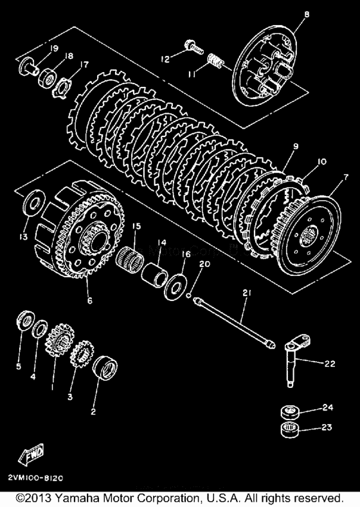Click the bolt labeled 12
tap(192, 47)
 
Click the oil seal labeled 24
tap(289, 411)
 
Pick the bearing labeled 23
tap(289, 429)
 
